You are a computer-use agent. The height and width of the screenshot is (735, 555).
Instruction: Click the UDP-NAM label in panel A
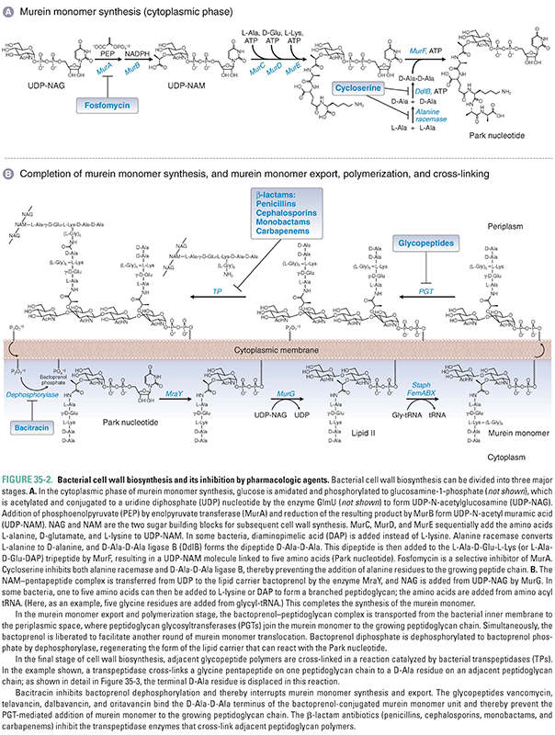point(186,96)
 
